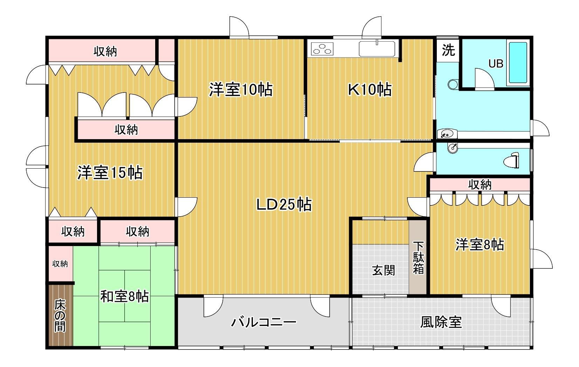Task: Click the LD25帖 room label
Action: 284,204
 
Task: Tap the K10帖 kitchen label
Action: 370,90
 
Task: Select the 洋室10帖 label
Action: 241,90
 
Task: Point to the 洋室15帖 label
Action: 110,173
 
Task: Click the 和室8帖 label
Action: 124,297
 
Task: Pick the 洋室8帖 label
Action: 480,244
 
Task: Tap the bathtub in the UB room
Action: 518,63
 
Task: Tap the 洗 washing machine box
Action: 448,50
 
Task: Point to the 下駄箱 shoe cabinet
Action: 418,258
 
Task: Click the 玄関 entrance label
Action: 383,270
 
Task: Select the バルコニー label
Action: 263,321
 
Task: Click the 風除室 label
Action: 441,321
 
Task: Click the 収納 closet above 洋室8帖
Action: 480,184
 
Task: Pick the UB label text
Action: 496,64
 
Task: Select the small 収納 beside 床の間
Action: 60,264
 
